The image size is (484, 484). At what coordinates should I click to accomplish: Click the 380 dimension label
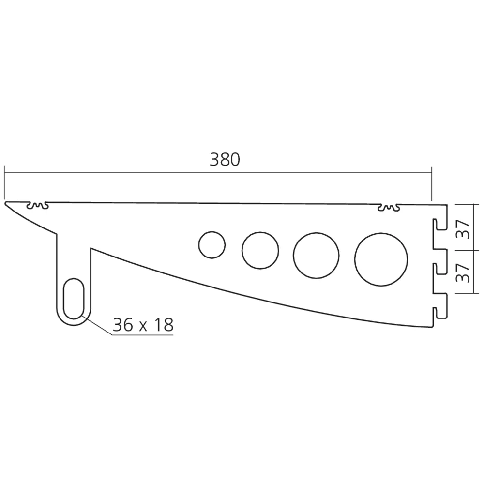pos(225,160)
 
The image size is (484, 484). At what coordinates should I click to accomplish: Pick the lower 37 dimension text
pos(464,272)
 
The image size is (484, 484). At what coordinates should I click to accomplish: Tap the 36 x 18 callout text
pos(142,325)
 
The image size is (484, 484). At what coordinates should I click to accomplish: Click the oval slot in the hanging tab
pos(74,298)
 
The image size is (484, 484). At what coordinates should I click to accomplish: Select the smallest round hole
pos(212,245)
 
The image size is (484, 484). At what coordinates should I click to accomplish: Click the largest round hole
pos(381,258)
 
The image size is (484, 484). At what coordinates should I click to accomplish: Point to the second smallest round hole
pos(260,250)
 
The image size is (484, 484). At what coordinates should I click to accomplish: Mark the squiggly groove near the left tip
pos(38,207)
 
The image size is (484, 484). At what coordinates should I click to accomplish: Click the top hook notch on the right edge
pos(439,226)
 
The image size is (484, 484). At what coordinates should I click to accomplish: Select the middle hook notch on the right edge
pos(439,268)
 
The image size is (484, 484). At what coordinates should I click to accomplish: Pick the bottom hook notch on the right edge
pos(439,312)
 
